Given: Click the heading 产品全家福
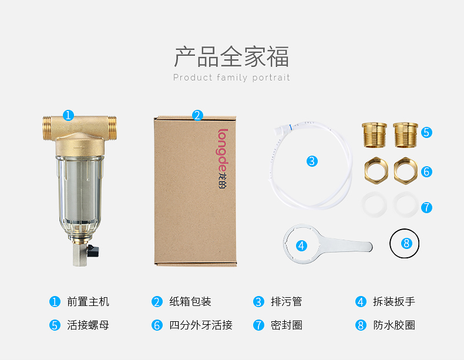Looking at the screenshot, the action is click(231, 56).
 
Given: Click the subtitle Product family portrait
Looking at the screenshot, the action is click(231, 78).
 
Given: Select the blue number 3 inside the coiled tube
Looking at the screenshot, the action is click(312, 162).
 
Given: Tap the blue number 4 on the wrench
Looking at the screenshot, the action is click(301, 245).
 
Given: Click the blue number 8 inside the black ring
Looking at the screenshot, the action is click(406, 244).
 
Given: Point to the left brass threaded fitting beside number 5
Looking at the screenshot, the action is click(374, 135).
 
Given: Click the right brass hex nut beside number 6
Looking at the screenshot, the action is click(405, 171).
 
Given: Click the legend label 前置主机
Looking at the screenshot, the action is click(88, 302).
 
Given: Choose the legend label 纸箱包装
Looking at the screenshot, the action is click(190, 302).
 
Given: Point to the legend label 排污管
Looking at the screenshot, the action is click(286, 302).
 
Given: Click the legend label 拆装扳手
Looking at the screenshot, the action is click(394, 302).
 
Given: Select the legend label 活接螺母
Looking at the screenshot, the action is click(88, 325).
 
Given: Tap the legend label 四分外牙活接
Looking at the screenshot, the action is click(201, 325).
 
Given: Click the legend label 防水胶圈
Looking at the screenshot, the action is click(394, 325).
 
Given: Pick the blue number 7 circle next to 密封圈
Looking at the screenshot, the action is click(258, 325).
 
